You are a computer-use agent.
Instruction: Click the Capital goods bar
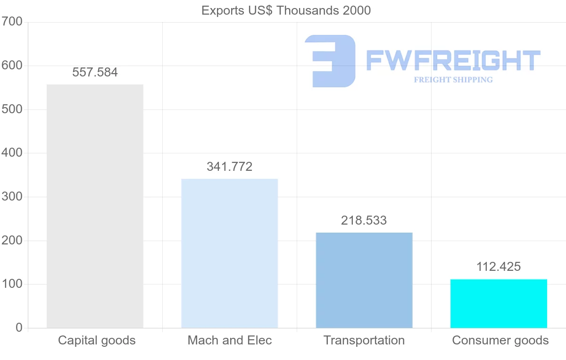pos(95,206)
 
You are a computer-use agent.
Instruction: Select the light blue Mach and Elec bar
pos(230,253)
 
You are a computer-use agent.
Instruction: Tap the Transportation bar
pos(364,280)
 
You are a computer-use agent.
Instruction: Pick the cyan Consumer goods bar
pos(499,303)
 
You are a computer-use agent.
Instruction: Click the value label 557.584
pos(95,73)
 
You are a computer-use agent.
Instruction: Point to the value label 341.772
pos(230,167)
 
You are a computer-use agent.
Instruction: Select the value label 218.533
pos(364,220)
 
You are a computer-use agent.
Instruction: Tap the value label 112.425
pos(499,267)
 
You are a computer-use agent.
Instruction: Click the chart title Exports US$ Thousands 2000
pos(286,10)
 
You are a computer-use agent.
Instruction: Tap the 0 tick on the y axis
pos(19,328)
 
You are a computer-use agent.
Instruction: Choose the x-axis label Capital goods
pos(97,340)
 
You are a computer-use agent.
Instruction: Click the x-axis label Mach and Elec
pos(230,340)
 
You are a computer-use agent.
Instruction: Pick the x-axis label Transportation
pos(364,340)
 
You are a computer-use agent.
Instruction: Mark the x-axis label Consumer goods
pos(500,340)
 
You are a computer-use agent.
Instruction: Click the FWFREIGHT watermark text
pos(453,60)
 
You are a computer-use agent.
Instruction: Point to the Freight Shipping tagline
pos(453,80)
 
